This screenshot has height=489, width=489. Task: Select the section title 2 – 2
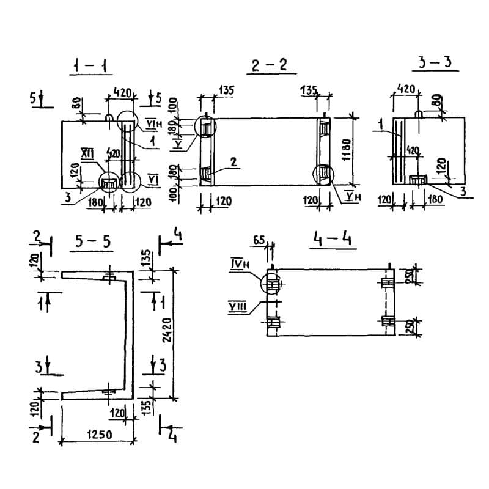click(x=269, y=65)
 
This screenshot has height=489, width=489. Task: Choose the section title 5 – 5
click(x=93, y=241)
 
